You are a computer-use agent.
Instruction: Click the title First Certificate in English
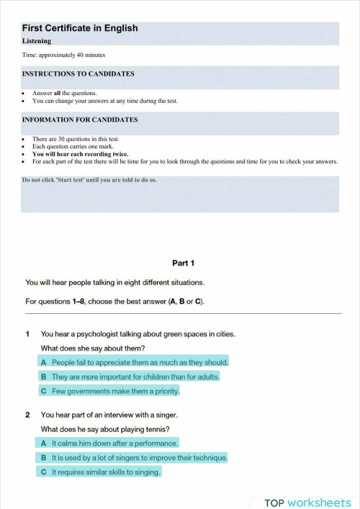coord(80,28)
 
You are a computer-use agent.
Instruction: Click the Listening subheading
coord(37,41)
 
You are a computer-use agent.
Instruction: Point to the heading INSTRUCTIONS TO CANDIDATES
coord(78,73)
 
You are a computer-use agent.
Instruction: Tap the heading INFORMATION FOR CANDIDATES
coord(80,120)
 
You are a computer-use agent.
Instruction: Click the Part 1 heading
coord(184,263)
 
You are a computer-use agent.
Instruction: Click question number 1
coord(27,334)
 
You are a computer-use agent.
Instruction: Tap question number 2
coord(27,415)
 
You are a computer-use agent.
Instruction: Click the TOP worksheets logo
coord(307,502)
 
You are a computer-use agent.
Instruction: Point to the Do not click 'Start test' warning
coord(89,180)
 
